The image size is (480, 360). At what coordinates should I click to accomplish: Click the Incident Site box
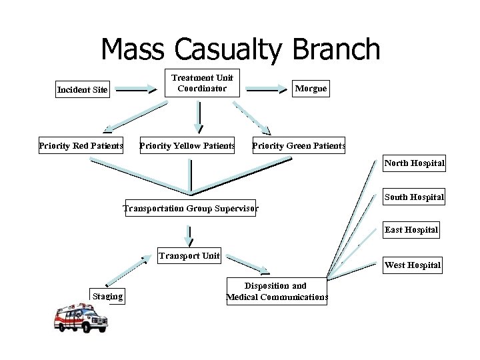[82, 90]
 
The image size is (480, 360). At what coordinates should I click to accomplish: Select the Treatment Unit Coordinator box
[202, 83]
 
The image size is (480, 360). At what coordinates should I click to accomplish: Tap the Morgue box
[311, 89]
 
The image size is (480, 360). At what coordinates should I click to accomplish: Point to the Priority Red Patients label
[81, 145]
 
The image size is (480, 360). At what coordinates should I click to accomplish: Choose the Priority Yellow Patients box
[187, 145]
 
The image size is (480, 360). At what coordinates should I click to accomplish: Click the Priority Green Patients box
[299, 145]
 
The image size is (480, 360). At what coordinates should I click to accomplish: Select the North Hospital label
[414, 163]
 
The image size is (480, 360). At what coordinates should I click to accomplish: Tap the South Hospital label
[414, 197]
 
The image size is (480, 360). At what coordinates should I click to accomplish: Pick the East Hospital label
[411, 230]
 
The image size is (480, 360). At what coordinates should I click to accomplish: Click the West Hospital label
[413, 265]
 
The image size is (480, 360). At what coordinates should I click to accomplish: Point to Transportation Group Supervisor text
[191, 209]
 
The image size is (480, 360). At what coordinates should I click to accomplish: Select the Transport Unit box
[189, 255]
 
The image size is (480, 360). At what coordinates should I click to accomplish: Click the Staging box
[107, 296]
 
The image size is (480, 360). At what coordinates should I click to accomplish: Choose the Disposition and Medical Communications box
[277, 291]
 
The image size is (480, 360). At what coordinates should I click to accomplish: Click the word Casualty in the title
[243, 50]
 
